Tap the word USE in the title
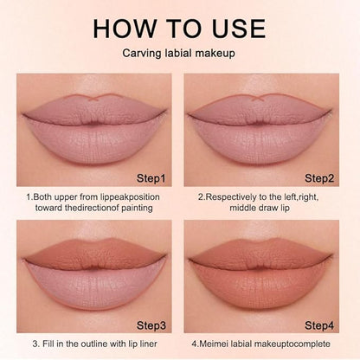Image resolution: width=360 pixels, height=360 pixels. [239, 29]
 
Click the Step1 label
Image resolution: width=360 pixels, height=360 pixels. [151, 178]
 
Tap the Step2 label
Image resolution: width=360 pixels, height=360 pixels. [319, 178]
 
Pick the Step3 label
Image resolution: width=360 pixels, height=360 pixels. [151, 325]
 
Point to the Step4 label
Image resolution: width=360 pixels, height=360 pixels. [319, 325]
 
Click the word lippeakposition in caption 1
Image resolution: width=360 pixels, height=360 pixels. [130, 197]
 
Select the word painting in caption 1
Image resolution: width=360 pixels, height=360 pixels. [137, 208]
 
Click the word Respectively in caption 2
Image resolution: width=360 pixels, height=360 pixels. [232, 197]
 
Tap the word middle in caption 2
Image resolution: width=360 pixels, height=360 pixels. [244, 208]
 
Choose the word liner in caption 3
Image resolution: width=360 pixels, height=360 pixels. [148, 344]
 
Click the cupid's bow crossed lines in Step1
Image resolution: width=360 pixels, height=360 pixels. [94, 98]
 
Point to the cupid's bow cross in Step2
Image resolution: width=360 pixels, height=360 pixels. [258, 98]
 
